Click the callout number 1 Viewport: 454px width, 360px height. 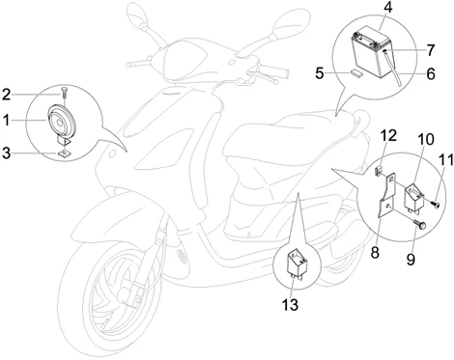point(7,121)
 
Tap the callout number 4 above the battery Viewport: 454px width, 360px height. point(388,8)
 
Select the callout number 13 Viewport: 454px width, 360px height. point(290,304)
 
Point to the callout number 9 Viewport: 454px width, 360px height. point(411,260)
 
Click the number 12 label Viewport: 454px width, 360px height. point(388,136)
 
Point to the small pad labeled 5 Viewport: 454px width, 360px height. point(356,72)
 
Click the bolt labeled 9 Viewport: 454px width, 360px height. point(419,224)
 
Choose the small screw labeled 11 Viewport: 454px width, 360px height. point(435,204)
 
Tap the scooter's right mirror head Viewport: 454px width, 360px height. point(291,24)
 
